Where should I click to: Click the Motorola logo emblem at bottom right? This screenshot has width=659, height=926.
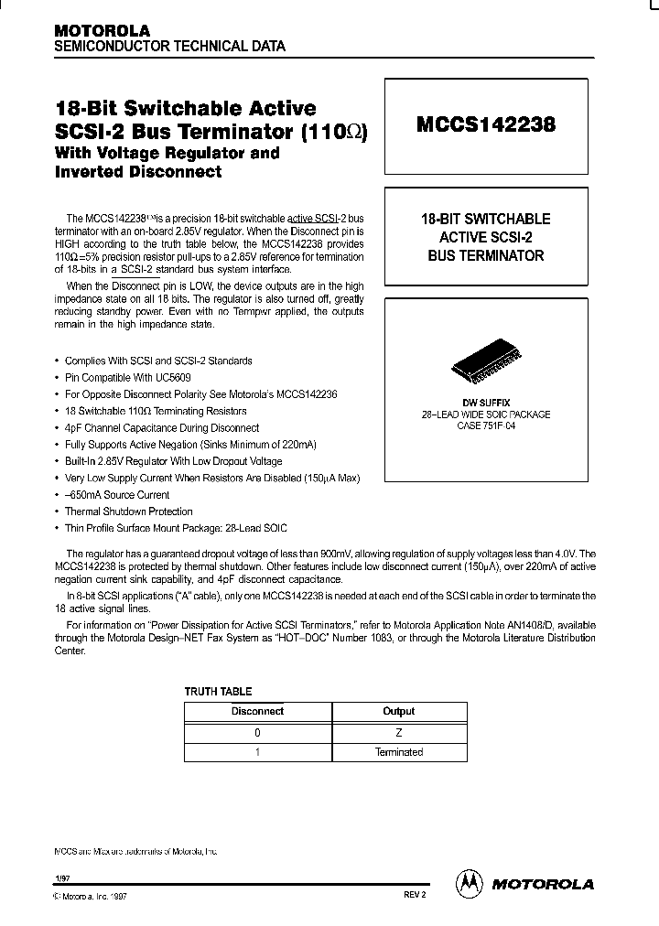tap(469, 883)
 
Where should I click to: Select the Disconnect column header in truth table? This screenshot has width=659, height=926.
tap(257, 711)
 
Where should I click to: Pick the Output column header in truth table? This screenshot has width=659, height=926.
tap(398, 711)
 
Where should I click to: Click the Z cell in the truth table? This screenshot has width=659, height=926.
tap(398, 732)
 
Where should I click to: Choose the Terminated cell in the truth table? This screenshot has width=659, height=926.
tap(398, 752)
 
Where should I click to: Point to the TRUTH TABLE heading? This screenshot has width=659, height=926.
tap(218, 692)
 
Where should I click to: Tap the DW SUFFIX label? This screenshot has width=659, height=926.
tap(485, 403)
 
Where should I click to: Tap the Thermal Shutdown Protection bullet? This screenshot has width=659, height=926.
tap(128, 511)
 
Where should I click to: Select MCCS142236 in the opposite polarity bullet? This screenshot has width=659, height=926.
tap(272, 394)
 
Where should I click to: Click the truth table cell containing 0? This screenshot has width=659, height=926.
tap(257, 732)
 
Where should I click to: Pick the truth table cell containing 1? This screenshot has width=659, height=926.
tap(257, 752)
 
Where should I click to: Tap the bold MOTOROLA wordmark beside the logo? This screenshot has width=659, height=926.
tap(544, 884)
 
